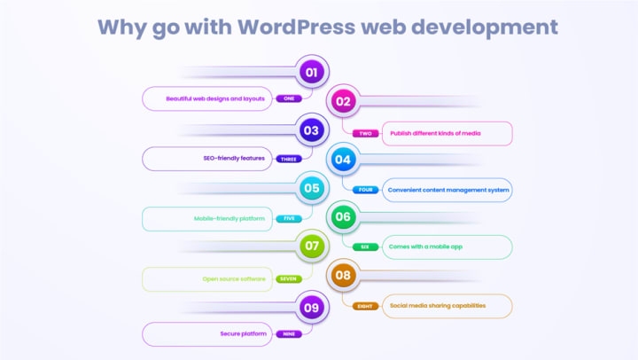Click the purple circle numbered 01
311,72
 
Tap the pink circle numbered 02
343,101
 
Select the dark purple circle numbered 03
311,130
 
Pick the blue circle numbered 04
343,160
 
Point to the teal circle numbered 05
311,188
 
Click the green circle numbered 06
343,217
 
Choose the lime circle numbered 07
311,246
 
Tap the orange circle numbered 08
343,275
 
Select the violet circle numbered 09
311,308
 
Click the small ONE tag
288,98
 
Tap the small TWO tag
366,133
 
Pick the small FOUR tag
366,190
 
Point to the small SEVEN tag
288,278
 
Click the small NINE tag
288,334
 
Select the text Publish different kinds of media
436,133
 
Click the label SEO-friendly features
234,158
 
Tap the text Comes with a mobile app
426,247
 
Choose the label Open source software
234,278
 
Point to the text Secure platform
244,334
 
